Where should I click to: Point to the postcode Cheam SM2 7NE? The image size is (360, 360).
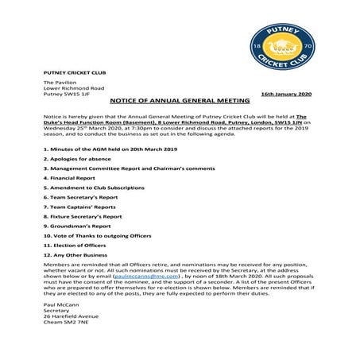[66, 323]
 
